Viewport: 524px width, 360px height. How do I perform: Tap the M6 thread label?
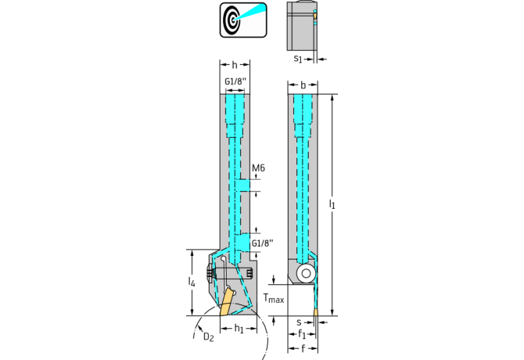(x=260, y=167)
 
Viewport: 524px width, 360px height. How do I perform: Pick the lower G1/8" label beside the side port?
(x=262, y=243)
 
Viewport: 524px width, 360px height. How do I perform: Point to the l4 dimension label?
(x=192, y=281)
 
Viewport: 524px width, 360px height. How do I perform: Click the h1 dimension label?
(x=239, y=329)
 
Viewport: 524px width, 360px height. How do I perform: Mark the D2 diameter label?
(x=208, y=337)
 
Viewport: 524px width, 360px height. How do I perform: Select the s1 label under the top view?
(x=298, y=59)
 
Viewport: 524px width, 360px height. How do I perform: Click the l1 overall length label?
(x=332, y=205)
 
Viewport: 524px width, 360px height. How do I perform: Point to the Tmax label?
(x=273, y=298)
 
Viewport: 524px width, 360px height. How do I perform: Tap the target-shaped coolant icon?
(x=242, y=18)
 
